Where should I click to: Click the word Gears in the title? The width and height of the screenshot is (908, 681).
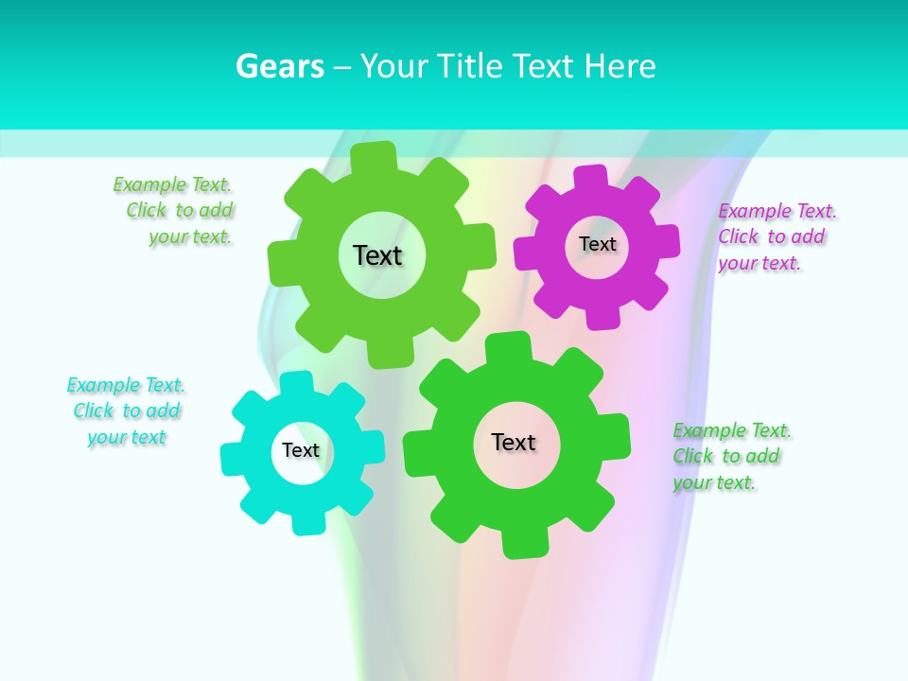pos(279,66)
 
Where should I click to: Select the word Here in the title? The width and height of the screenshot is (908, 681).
pos(620,66)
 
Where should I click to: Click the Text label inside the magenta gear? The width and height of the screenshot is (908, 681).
pos(597,244)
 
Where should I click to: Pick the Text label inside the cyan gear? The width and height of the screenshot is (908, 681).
pos(301,450)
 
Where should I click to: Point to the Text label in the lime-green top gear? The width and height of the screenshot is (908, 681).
pos(377,255)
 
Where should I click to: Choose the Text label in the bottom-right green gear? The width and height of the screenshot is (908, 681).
pos(514,442)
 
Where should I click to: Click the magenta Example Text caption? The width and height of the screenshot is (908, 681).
pos(777,236)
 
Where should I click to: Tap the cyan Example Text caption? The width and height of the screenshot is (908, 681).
pos(127,410)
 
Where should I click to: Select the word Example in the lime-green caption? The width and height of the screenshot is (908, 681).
pos(149,184)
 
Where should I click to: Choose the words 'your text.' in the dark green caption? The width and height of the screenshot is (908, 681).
pos(714,482)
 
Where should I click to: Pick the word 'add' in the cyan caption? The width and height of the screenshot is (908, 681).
pos(164,410)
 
